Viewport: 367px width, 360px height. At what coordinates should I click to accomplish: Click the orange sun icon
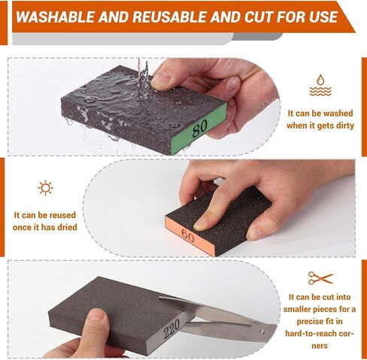[x=45, y=188]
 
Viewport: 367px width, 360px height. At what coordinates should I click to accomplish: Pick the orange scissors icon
[x=320, y=278]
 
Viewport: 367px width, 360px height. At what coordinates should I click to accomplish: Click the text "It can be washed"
[x=321, y=112]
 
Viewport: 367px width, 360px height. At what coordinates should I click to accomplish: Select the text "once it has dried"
[x=45, y=227]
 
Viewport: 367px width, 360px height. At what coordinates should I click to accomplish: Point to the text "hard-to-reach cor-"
[x=321, y=334]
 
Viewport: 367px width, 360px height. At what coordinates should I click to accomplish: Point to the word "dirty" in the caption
[x=342, y=125]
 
